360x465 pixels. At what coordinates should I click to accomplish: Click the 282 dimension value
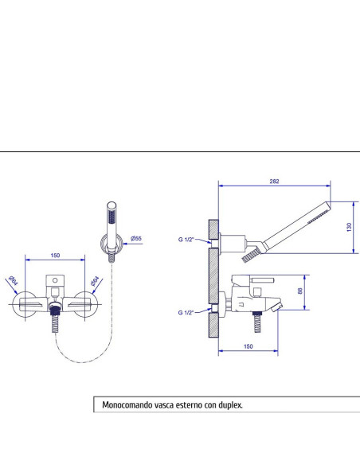[x=274, y=182]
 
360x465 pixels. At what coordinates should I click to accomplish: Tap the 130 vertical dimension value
[x=349, y=227]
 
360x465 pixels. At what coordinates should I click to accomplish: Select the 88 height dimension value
[x=300, y=291]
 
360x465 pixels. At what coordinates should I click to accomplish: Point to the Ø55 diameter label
[x=136, y=238]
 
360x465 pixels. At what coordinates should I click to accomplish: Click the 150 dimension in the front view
[x=55, y=255]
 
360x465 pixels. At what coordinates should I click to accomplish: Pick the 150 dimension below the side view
[x=248, y=346]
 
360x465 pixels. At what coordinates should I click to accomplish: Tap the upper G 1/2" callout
[x=186, y=240]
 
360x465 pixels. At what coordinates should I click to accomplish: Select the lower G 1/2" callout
[x=186, y=312]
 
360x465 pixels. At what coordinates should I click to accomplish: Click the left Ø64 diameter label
[x=14, y=280]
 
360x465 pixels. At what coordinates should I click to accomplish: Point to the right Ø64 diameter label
[x=96, y=281]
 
